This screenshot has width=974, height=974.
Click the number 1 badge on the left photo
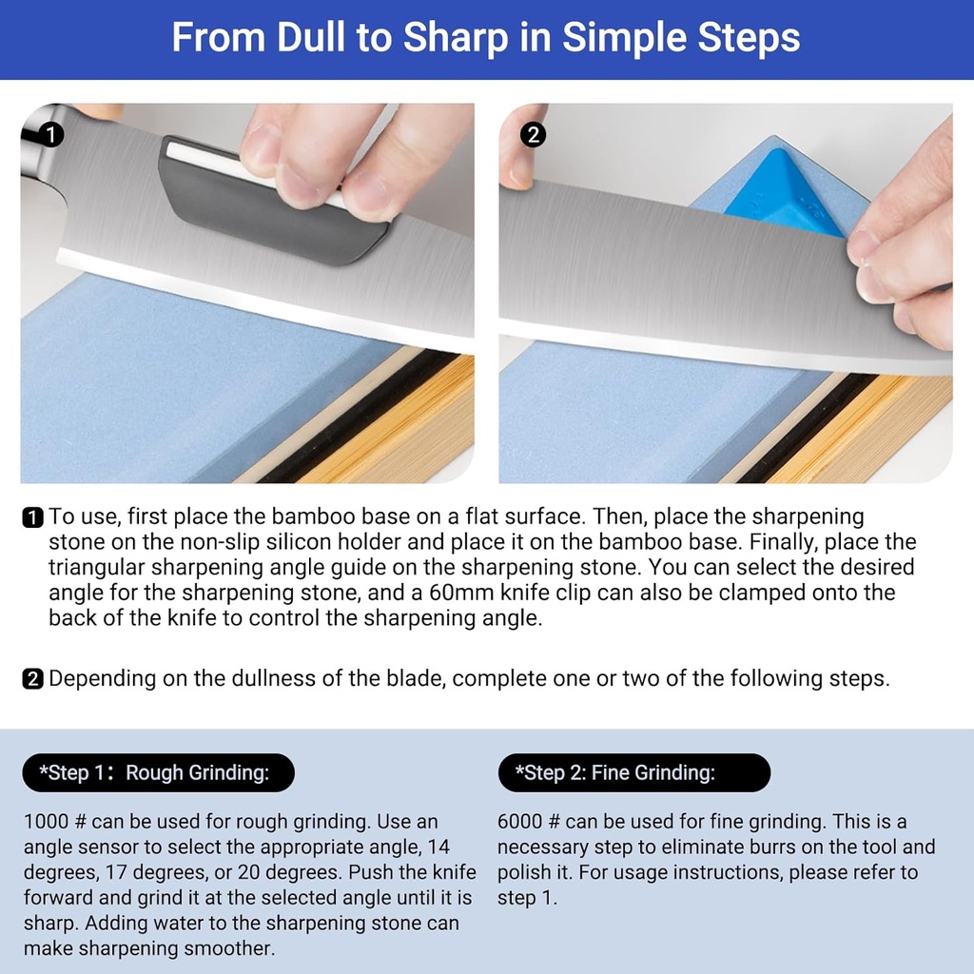coord(52,134)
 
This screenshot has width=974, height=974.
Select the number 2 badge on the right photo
coord(534,134)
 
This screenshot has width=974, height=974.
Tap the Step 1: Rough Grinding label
coord(158,772)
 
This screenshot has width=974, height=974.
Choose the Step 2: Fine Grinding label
coord(633,772)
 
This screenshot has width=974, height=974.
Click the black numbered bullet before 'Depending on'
coord(32,679)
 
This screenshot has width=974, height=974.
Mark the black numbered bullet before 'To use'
coord(32,518)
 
